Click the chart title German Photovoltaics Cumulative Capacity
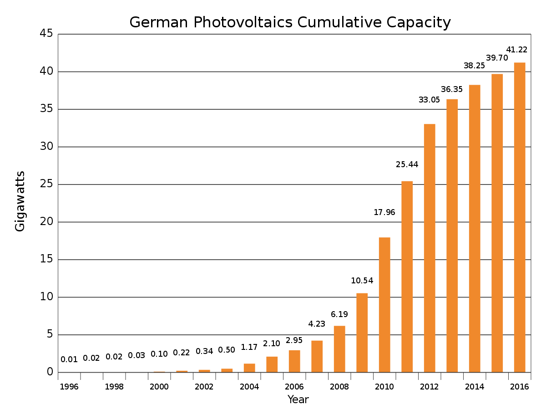pos(290,22)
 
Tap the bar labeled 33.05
pos(430,248)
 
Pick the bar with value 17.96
pos(384,305)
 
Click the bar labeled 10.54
pos(362,333)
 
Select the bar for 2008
pos(339,349)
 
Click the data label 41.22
pos(517,50)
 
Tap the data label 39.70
pos(497,58)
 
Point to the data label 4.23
pos(317,324)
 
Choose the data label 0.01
pos(69,359)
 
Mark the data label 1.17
pos(249,347)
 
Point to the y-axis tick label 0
pos(50,372)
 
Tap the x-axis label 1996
pos(69,387)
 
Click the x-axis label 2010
pos(384,387)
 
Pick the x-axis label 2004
pos(249,387)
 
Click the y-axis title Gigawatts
pos(20,201)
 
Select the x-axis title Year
pos(298,400)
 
